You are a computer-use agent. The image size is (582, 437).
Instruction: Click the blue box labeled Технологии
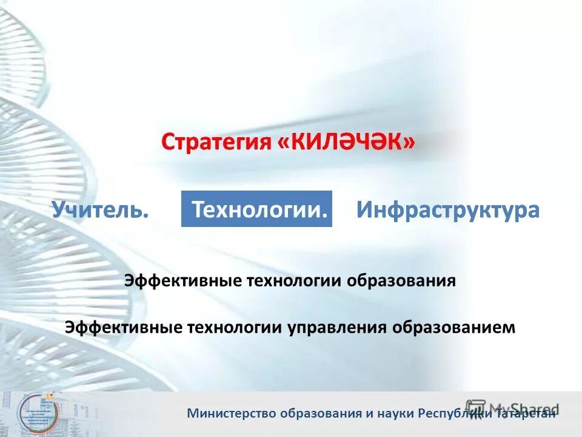pyautogui.click(x=256, y=209)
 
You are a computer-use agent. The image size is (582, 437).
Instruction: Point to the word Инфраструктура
pyautogui.click(x=447, y=210)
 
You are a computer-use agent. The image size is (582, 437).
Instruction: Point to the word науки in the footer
pyautogui.click(x=396, y=414)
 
